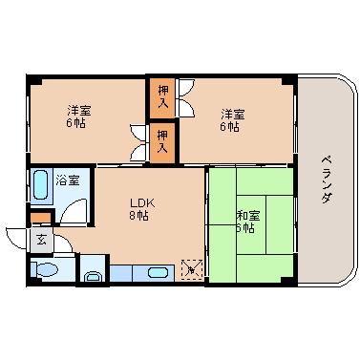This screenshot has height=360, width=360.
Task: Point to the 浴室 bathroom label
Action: point(67,180)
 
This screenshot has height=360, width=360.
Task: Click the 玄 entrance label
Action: point(41,241)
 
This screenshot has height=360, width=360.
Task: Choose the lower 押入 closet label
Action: point(162,141)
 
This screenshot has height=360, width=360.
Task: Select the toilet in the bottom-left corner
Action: point(44,270)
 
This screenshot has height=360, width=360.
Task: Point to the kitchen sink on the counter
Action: point(158,273)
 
